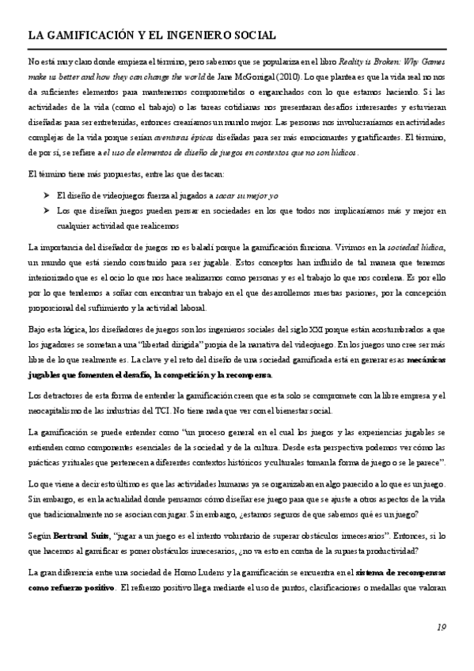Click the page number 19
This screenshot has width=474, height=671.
(x=442, y=627)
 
